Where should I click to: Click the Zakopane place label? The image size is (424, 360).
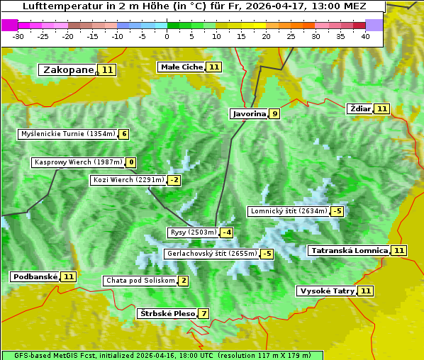point(68,69)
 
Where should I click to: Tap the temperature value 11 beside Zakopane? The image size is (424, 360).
point(107,69)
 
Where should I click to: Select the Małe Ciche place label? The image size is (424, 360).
point(181,67)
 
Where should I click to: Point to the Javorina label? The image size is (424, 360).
point(249,113)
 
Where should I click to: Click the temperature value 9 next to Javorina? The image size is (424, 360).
point(274,113)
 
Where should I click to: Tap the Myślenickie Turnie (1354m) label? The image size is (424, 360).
point(67,134)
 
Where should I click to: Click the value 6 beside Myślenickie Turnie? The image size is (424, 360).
point(124,134)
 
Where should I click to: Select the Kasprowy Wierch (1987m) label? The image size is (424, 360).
point(78,162)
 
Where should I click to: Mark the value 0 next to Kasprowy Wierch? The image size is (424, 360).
point(131,162)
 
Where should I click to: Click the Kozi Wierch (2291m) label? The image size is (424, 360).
point(128,180)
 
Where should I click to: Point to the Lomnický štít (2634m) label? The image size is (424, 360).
point(289,210)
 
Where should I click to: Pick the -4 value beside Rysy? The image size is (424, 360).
point(227,232)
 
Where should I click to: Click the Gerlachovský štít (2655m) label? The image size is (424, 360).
point(211,253)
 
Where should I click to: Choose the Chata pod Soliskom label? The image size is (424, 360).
point(139,281)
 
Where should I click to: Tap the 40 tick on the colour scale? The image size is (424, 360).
point(365,36)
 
